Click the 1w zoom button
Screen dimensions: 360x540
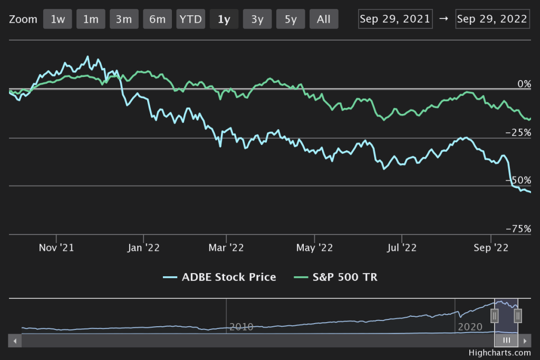(57, 20)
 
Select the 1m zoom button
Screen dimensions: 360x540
(91, 20)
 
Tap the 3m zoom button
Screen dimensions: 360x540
(124, 20)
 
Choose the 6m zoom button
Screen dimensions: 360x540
(157, 20)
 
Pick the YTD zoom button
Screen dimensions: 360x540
(190, 20)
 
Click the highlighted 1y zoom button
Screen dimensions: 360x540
(224, 20)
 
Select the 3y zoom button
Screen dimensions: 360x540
(257, 20)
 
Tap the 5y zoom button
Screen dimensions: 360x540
(291, 20)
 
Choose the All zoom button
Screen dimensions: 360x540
(324, 20)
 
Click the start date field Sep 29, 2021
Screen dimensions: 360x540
(396, 19)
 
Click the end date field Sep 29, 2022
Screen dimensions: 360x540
(493, 19)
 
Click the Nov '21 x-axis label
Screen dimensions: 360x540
(56, 247)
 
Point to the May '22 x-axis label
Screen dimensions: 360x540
(314, 247)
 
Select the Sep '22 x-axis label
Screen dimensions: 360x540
(490, 247)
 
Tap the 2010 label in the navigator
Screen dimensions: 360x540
(242, 327)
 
